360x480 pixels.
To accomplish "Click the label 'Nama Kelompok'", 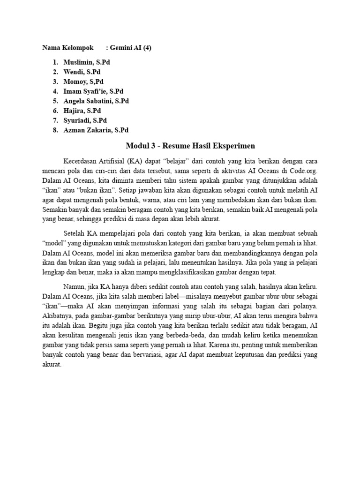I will click(67, 48).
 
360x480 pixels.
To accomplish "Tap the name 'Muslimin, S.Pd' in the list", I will click(87, 62).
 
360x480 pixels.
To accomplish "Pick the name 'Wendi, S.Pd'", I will click(82, 72).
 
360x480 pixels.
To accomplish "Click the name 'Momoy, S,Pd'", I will click(83, 82).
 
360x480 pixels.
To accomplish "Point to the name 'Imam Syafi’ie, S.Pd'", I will click(94, 91).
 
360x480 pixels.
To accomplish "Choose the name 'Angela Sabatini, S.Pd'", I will click(97, 101).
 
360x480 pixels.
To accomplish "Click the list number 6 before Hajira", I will click(55, 111).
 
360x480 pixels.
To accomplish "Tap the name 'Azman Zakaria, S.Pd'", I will click(96, 130).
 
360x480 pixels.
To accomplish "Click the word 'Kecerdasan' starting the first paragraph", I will click(80, 162).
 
